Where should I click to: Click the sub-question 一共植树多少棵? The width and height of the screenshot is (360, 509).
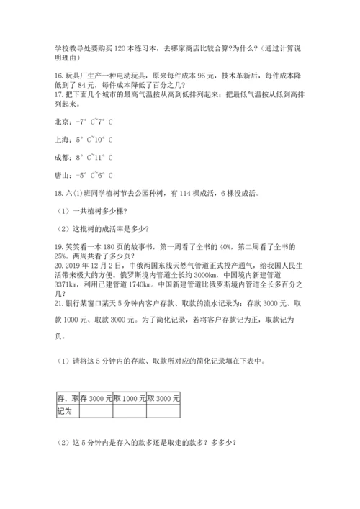pyautogui.click(x=95, y=210)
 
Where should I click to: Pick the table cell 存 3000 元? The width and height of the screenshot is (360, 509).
pyautogui.click(x=96, y=398)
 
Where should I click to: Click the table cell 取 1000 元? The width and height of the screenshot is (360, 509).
pyautogui.click(x=130, y=398)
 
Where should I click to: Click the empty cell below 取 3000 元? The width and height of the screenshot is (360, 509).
pyautogui.click(x=163, y=411)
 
